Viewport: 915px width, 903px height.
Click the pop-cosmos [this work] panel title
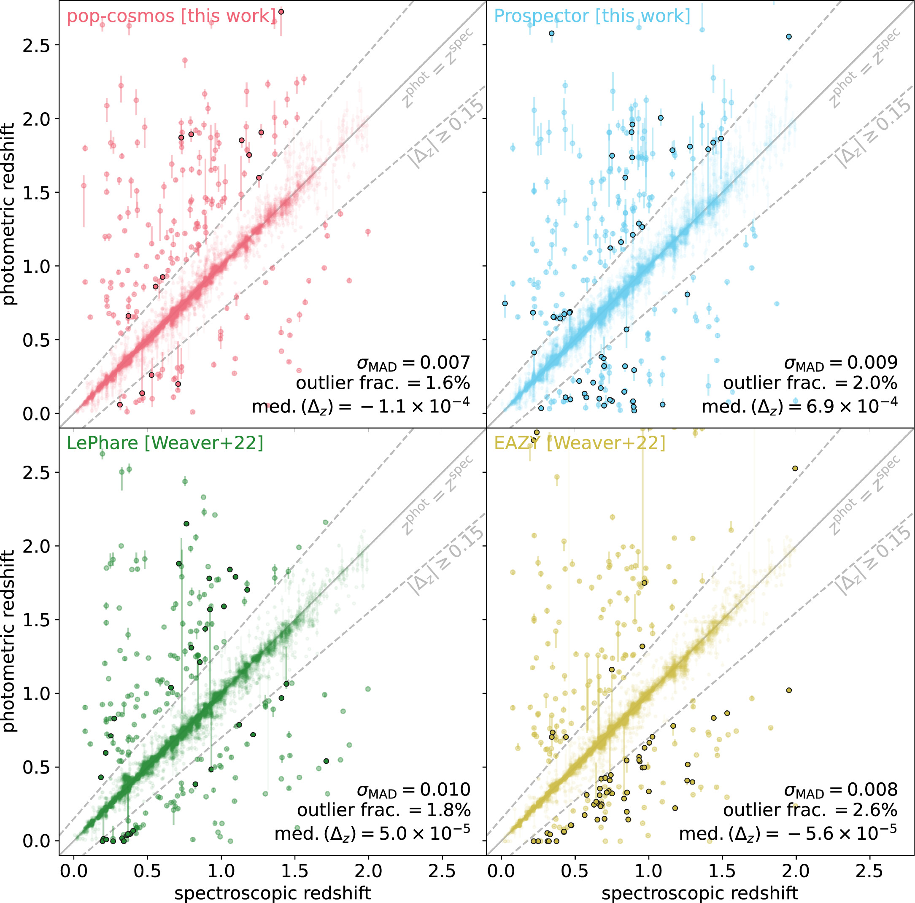click(171, 16)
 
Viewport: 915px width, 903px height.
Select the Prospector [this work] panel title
click(592, 16)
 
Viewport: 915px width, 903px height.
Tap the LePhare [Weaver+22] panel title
click(165, 443)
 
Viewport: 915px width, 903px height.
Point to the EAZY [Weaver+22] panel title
click(580, 443)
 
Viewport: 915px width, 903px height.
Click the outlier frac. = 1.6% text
click(383, 383)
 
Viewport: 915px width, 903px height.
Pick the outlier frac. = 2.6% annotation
click(810, 810)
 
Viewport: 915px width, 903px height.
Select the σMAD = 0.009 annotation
click(841, 363)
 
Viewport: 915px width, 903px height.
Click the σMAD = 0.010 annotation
click(413, 790)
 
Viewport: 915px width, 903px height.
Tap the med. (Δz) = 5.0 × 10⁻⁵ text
click(372, 833)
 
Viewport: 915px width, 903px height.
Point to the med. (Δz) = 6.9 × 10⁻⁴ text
click(799, 406)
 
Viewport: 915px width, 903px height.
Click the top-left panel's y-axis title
click(8, 214)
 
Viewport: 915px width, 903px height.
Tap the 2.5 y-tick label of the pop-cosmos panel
click(36, 46)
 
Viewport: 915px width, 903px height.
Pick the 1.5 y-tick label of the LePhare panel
click(36, 620)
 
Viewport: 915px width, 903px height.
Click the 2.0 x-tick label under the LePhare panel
click(368, 871)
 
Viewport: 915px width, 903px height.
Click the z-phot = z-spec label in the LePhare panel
click(437, 495)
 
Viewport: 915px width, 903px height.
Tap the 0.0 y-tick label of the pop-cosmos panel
click(36, 414)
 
